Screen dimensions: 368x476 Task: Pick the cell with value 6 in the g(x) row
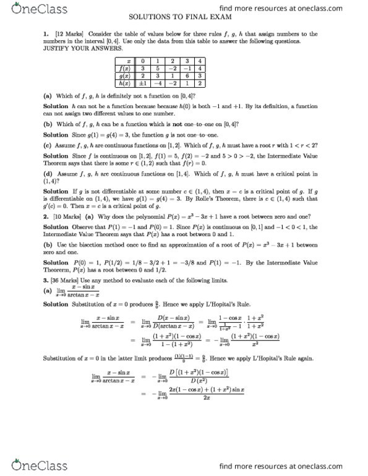(186, 75)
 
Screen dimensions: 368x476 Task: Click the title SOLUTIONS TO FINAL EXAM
(184, 19)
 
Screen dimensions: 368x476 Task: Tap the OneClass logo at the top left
(29, 9)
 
